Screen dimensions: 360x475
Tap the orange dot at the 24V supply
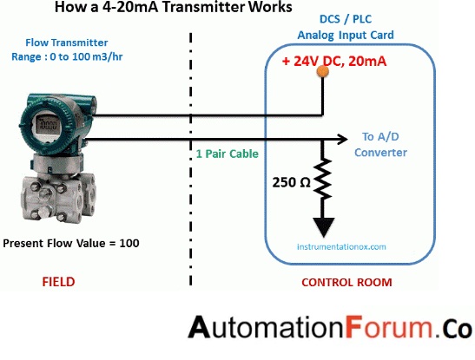point(321,73)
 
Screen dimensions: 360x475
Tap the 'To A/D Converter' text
point(379,144)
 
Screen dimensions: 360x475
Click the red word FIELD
point(58,282)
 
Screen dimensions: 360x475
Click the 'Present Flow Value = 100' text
point(71,242)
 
